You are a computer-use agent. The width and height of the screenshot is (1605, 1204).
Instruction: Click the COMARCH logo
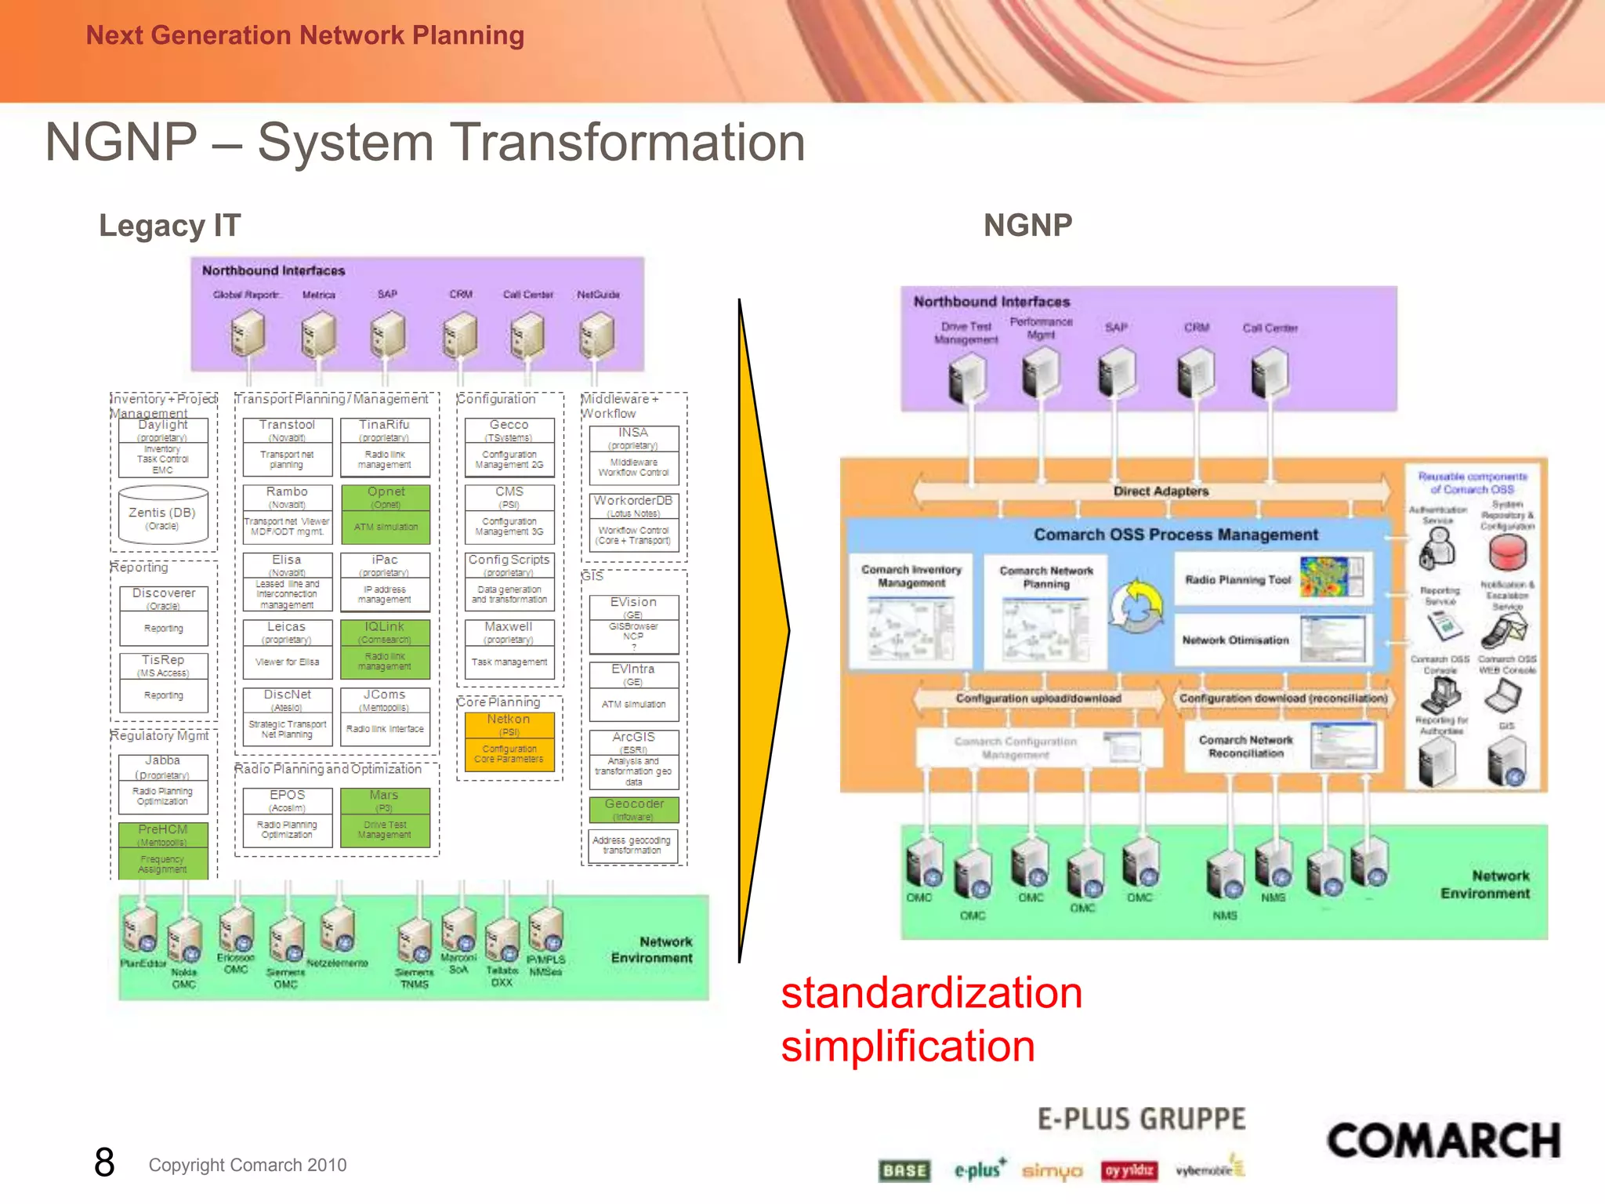[1443, 1141]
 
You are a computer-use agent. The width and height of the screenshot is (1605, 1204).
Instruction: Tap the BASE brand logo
[904, 1170]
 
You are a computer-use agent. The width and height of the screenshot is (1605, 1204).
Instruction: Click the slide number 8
[104, 1162]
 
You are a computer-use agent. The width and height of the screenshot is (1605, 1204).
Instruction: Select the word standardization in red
[932, 993]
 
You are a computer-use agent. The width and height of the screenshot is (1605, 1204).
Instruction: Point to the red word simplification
[908, 1046]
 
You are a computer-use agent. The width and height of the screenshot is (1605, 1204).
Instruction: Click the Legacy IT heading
[169, 226]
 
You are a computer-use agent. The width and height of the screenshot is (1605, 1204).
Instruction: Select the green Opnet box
[386, 514]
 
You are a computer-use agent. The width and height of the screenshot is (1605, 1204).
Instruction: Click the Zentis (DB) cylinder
[163, 515]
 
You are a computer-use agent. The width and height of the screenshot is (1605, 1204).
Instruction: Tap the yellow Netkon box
[509, 742]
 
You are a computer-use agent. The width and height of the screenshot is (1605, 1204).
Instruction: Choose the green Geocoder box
[634, 810]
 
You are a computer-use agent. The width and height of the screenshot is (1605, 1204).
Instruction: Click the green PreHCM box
[163, 850]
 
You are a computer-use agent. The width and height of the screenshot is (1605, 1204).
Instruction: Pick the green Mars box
[385, 817]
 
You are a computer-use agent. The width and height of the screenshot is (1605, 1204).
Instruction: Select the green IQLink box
[385, 649]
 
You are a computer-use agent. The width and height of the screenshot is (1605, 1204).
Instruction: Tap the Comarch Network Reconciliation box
[1282, 747]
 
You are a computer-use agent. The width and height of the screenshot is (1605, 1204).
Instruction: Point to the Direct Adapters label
[1161, 491]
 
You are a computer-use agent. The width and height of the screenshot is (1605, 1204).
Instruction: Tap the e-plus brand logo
[979, 1170]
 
